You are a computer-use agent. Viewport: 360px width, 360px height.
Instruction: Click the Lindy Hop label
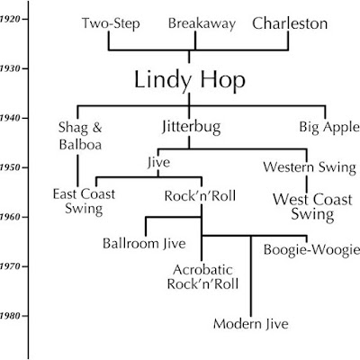click(190, 80)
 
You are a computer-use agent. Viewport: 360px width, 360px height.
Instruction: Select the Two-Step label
click(111, 23)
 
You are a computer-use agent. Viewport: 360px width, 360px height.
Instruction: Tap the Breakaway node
click(202, 23)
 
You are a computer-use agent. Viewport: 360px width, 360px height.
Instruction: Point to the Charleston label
click(290, 23)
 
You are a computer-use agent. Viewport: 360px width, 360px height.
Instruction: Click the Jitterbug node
click(192, 127)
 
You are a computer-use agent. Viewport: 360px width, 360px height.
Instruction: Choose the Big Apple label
click(329, 127)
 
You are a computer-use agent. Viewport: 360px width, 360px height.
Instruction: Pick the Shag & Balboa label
click(80, 136)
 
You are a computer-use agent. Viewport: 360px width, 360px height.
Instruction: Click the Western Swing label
click(310, 167)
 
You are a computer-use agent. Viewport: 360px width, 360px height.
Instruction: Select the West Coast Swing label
click(312, 207)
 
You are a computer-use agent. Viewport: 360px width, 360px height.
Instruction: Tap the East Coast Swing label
click(84, 202)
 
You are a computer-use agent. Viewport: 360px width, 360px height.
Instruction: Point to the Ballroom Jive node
click(144, 243)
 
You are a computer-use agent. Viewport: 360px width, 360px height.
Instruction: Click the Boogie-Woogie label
click(311, 250)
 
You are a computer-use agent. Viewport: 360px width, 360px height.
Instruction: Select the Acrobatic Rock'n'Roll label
click(202, 277)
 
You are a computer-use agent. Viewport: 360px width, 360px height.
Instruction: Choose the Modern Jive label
click(251, 324)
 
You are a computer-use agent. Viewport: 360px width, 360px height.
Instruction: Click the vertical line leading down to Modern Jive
click(251, 276)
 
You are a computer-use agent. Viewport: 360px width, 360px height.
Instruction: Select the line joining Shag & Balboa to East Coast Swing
click(77, 170)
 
